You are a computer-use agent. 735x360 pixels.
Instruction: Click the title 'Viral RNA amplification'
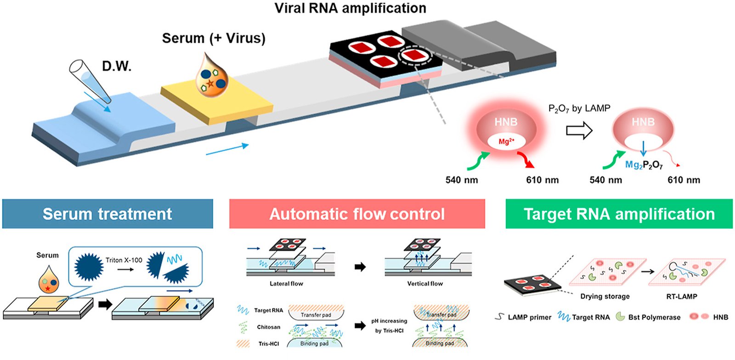click(x=350, y=8)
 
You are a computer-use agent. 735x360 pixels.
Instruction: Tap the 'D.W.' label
click(x=117, y=66)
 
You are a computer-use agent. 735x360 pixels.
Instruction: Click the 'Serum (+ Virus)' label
click(x=214, y=39)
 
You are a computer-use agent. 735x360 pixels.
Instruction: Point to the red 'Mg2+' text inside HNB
click(x=506, y=141)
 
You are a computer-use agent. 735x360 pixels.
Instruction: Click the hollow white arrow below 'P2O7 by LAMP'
click(x=579, y=130)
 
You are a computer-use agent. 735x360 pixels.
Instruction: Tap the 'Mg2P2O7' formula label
click(x=644, y=165)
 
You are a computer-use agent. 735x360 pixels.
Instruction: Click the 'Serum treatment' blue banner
click(x=107, y=214)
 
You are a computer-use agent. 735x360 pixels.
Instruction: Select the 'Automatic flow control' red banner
click(x=357, y=214)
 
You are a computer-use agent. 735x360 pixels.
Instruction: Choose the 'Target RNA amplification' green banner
click(x=619, y=214)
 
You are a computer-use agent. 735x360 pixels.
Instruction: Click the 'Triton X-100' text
click(x=124, y=260)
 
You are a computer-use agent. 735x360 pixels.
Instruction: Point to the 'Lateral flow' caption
click(x=286, y=284)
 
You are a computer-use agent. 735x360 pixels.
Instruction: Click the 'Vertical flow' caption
click(x=425, y=284)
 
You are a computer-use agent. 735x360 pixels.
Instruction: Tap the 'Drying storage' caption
click(x=605, y=296)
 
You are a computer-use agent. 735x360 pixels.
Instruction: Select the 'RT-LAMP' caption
click(x=682, y=296)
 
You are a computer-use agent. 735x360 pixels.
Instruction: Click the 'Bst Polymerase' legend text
click(x=654, y=317)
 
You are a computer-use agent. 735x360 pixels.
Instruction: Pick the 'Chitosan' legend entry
click(x=268, y=327)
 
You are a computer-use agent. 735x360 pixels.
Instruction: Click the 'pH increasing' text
click(x=389, y=321)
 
